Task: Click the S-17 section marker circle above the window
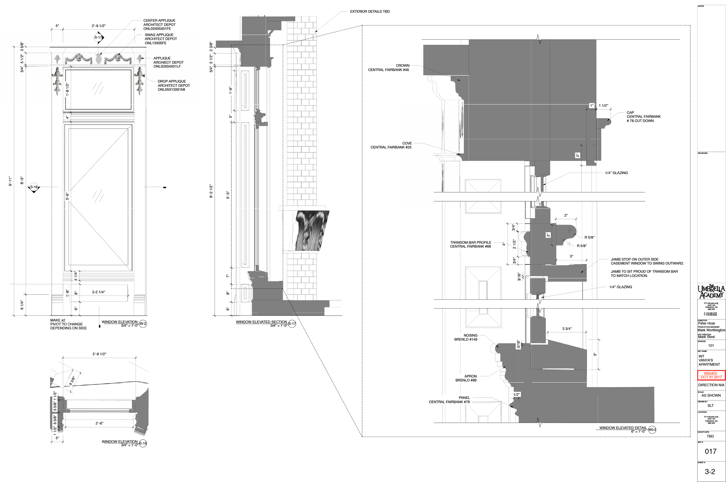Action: pyautogui.click(x=98, y=37)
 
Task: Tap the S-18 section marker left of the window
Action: pyautogui.click(x=34, y=187)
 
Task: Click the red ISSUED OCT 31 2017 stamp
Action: pyautogui.click(x=711, y=375)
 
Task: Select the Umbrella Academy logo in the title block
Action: pyautogui.click(x=711, y=291)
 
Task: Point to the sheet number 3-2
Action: pyautogui.click(x=710, y=471)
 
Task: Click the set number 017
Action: pyautogui.click(x=710, y=451)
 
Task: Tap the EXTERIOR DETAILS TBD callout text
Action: pyautogui.click(x=370, y=11)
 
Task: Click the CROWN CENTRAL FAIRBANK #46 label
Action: pyautogui.click(x=388, y=68)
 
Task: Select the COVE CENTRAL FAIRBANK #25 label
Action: pyautogui.click(x=391, y=145)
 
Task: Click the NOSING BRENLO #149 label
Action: pyautogui.click(x=466, y=337)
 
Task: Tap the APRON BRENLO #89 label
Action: pyautogui.click(x=466, y=378)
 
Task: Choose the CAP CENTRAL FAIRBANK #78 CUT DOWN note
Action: pyautogui.click(x=643, y=116)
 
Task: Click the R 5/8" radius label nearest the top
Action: pyautogui.click(x=589, y=237)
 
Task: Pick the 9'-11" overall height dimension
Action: pyautogui.click(x=10, y=181)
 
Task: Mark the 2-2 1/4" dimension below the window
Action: pyautogui.click(x=98, y=292)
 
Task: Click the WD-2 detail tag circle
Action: pyautogui.click(x=652, y=429)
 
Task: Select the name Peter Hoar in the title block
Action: pyautogui.click(x=706, y=323)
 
